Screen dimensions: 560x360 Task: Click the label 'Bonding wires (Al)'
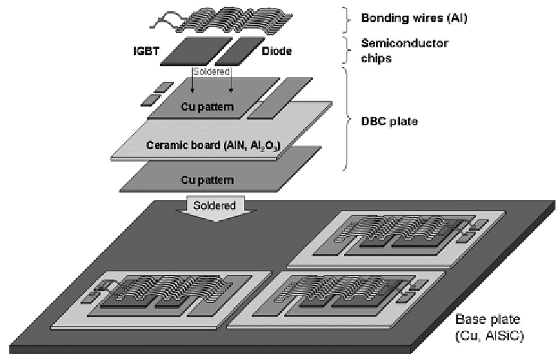(414, 18)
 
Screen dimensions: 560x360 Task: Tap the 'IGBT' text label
(146, 51)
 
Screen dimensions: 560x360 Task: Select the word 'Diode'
(277, 51)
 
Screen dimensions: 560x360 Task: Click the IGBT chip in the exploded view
(196, 51)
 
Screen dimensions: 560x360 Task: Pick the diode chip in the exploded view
(240, 51)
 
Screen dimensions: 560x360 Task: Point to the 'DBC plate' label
(389, 122)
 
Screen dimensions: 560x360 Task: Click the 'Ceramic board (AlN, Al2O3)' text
(213, 145)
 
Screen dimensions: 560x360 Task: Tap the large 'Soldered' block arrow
(215, 208)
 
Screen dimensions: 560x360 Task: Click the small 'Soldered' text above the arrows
(211, 71)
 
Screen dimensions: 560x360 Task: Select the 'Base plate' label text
(488, 319)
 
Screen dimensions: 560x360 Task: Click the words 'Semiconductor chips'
(404, 50)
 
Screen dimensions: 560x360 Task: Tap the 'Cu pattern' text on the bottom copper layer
(207, 180)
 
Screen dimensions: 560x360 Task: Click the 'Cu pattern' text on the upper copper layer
(207, 107)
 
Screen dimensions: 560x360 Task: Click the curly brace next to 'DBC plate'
(347, 119)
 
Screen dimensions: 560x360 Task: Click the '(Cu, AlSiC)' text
(489, 336)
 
